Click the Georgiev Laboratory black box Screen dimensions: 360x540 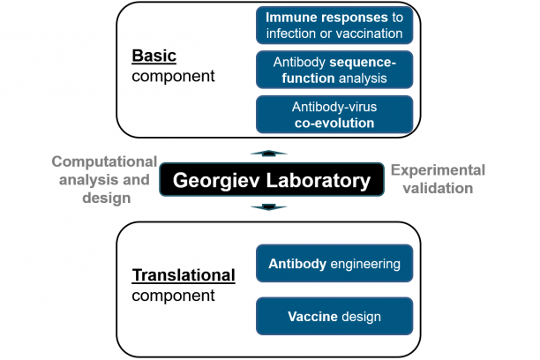[x=271, y=180]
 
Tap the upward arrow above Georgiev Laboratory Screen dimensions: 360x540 [x=269, y=154]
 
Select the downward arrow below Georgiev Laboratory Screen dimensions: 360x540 [x=269, y=208]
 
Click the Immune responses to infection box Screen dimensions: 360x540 [x=334, y=25]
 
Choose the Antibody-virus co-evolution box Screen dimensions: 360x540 [x=334, y=115]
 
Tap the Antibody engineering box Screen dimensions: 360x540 [x=334, y=263]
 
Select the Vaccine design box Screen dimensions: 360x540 [x=334, y=316]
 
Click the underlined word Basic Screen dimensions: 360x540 [x=154, y=56]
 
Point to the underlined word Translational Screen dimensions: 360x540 [x=184, y=275]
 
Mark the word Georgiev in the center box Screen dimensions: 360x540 [x=217, y=181]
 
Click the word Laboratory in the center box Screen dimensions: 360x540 [x=317, y=181]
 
